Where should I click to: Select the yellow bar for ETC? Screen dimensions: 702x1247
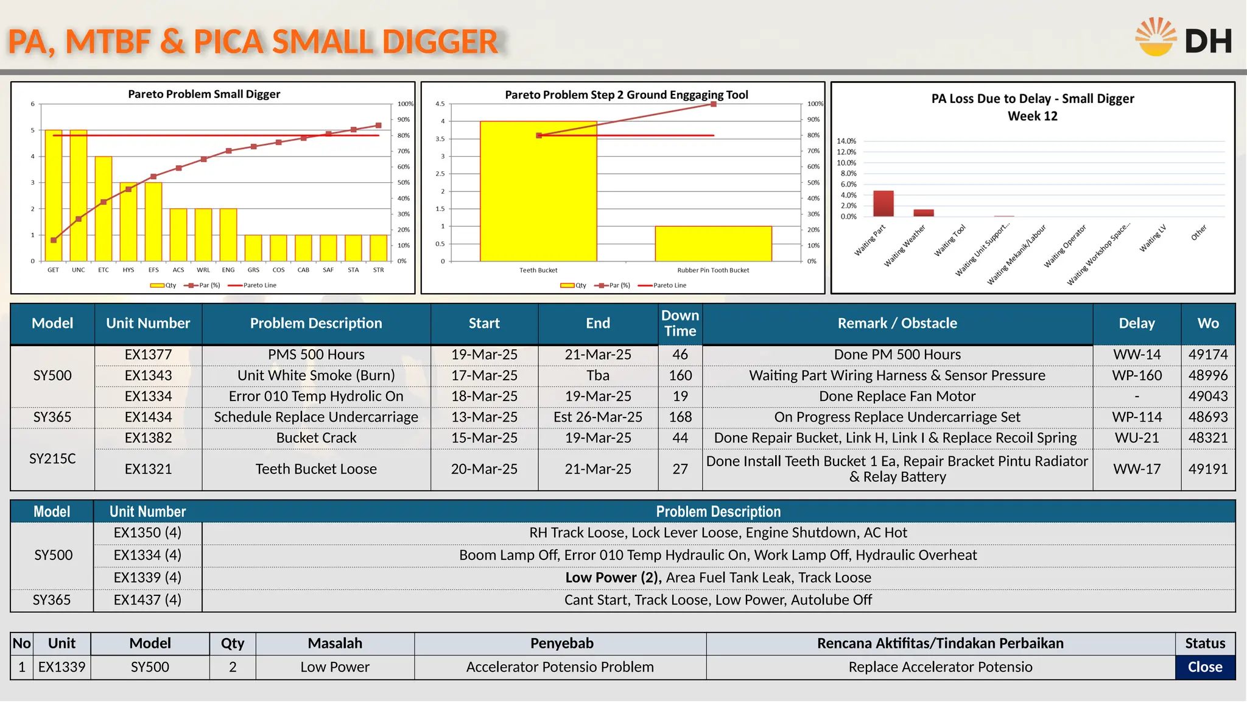104,208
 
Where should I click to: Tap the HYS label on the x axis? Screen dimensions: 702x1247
128,270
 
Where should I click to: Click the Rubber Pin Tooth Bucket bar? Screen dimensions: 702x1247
713,244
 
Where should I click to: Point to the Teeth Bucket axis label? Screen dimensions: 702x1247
538,271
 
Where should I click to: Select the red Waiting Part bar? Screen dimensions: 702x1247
883,204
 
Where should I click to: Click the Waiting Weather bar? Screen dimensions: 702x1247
923,213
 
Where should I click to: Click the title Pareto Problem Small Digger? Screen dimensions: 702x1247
204,94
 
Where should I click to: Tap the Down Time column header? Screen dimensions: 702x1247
680,324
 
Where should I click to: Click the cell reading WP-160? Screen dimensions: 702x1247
1137,375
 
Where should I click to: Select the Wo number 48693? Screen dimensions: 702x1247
1208,417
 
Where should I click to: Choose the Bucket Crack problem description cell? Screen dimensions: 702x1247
316,438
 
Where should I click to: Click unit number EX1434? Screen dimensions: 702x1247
148,417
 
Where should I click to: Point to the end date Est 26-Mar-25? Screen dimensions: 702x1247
597,417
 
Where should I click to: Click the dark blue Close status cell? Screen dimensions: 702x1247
1205,667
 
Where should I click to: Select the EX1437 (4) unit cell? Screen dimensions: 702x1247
147,600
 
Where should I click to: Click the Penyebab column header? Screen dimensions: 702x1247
561,643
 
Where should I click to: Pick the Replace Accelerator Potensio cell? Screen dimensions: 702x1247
940,667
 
